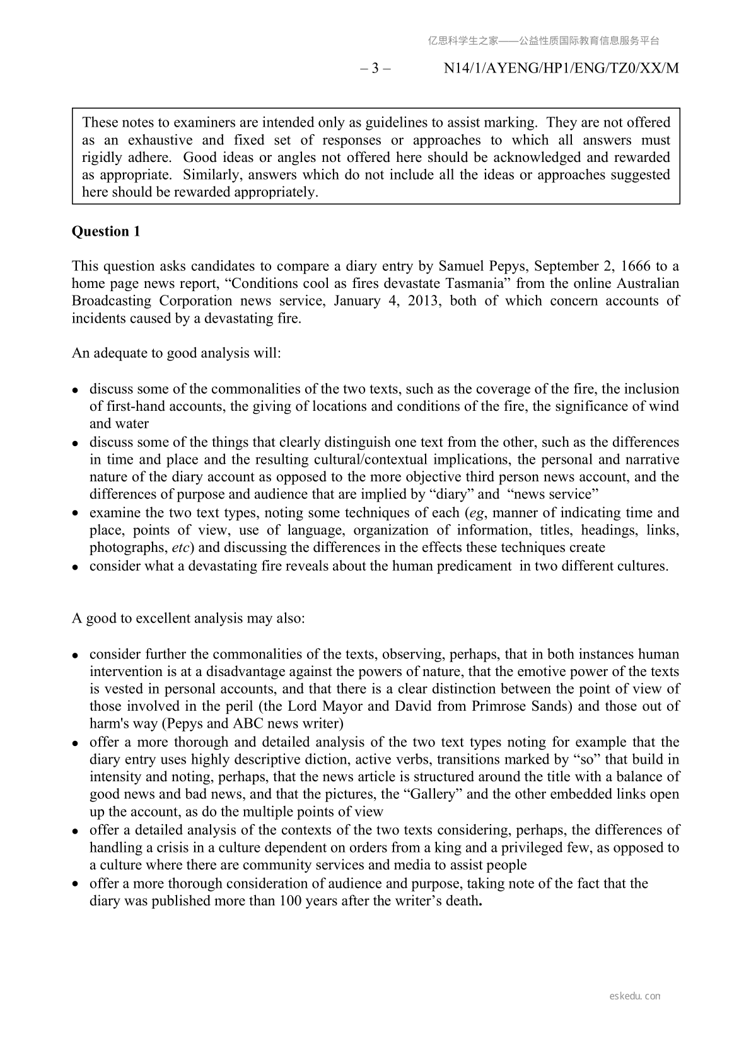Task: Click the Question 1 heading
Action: click(x=106, y=232)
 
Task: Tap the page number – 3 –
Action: click(x=375, y=69)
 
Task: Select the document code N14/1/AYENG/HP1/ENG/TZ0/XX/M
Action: click(x=561, y=69)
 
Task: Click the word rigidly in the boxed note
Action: click(x=103, y=158)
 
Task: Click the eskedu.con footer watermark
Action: click(x=635, y=996)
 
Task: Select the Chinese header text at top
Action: click(x=544, y=41)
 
